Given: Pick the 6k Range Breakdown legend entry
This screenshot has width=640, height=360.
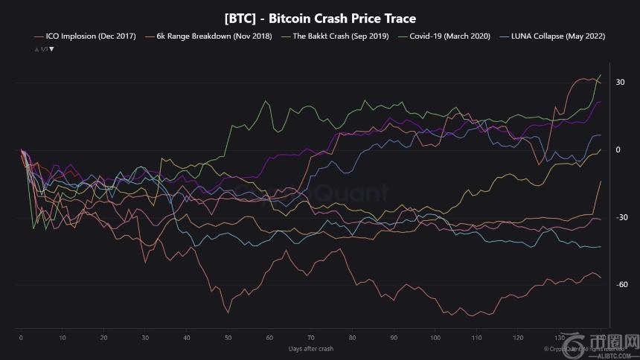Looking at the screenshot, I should [212, 36].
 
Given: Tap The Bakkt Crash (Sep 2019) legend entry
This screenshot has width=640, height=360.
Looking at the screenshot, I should [339, 36].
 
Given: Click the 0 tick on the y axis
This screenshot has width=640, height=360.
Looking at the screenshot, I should [618, 150].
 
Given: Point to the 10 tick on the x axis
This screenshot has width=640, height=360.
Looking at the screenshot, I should [63, 337].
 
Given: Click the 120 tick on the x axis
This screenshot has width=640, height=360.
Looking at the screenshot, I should [519, 337].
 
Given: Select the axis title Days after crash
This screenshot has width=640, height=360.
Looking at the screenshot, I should [310, 347].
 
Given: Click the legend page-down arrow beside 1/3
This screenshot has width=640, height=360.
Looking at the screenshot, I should [51, 48].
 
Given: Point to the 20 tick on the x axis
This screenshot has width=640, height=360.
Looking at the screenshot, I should [104, 337].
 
